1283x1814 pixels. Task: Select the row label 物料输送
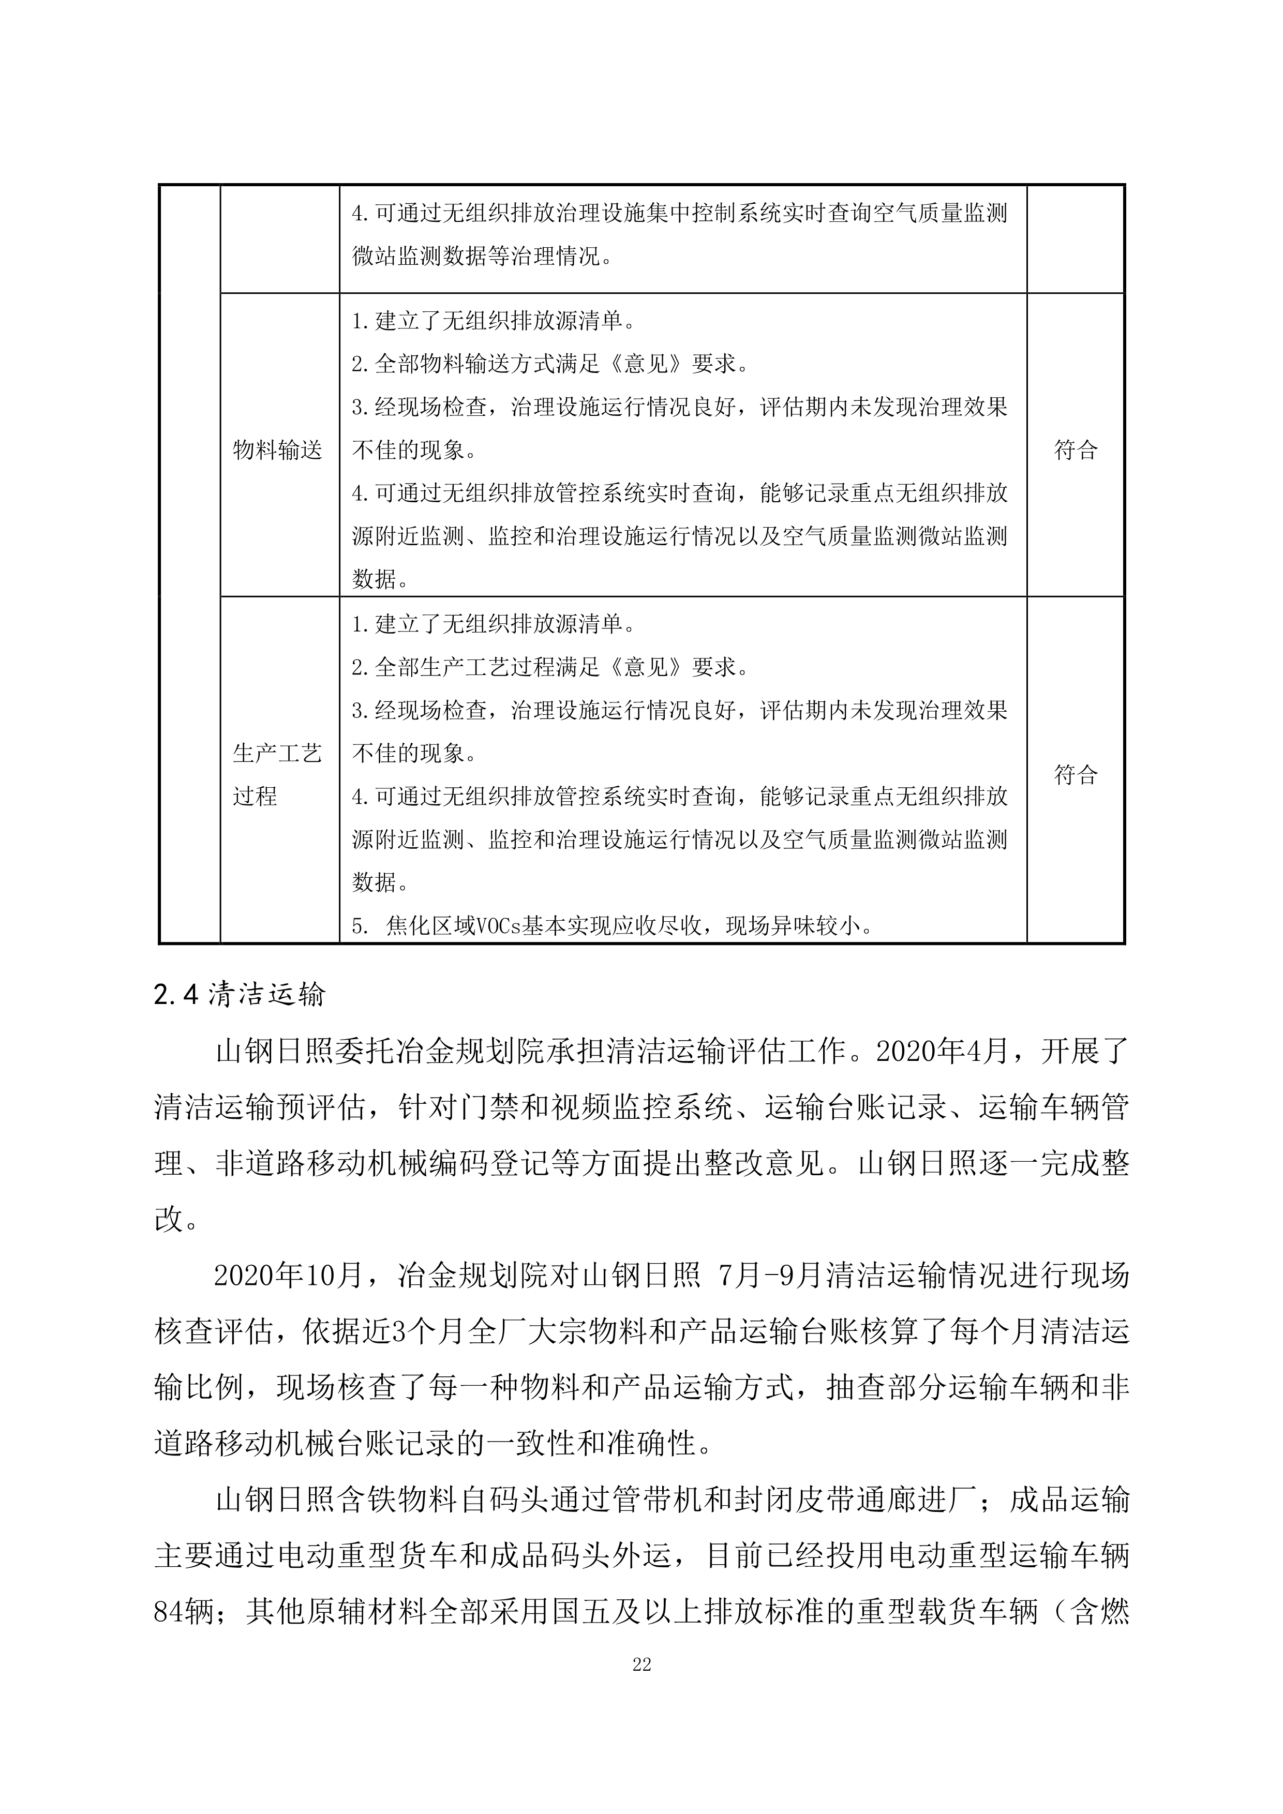[277, 451]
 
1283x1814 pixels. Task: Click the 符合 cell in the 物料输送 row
[1075, 451]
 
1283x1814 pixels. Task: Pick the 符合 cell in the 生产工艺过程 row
[1075, 774]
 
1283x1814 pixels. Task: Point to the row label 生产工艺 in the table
[277, 754]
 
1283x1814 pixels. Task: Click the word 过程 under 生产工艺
[255, 797]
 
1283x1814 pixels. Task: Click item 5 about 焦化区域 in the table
[612, 926]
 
